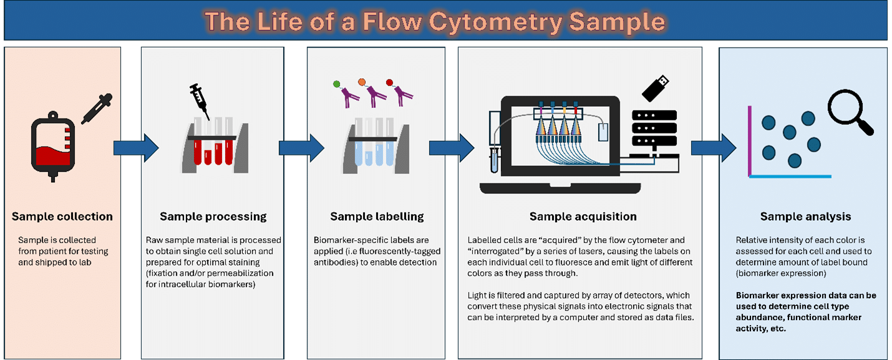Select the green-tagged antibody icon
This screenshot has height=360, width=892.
click(x=345, y=92)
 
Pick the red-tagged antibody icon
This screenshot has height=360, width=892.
click(x=400, y=92)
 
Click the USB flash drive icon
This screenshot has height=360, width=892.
click(x=655, y=88)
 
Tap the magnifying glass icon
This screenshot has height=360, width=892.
click(x=850, y=113)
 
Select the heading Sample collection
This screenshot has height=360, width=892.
click(x=62, y=217)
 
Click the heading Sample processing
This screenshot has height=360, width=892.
click(x=213, y=217)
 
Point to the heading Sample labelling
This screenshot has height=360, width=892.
click(x=377, y=217)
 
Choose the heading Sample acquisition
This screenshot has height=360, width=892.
click(x=583, y=217)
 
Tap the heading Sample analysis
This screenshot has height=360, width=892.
click(x=805, y=217)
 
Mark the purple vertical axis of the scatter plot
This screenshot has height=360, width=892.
click(x=750, y=141)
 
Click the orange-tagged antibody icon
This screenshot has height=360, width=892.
click(x=372, y=92)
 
